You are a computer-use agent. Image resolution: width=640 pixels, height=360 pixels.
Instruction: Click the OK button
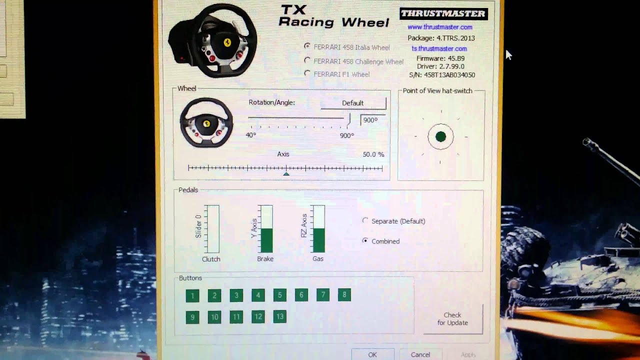pyautogui.click(x=372, y=354)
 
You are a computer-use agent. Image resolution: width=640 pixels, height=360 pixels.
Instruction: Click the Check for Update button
pyautogui.click(x=452, y=318)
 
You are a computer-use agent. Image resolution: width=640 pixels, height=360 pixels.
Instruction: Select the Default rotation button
pyautogui.click(x=353, y=103)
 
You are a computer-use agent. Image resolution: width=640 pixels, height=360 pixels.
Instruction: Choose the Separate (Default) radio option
pyautogui.click(x=365, y=220)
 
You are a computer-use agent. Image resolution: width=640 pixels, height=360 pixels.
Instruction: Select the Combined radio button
pyautogui.click(x=365, y=241)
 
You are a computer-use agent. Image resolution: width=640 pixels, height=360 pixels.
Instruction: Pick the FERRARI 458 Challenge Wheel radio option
pyautogui.click(x=307, y=60)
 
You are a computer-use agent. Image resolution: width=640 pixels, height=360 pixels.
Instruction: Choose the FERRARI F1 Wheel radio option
pyautogui.click(x=307, y=73)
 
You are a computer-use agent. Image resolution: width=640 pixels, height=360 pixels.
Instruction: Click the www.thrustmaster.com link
pyautogui.click(x=439, y=27)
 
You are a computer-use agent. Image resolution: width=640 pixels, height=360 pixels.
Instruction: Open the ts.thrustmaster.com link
pyautogui.click(x=439, y=48)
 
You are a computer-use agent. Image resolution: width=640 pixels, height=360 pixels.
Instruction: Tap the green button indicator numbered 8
pyautogui.click(x=344, y=295)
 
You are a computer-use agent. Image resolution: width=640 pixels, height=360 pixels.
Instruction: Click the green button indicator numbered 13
pyautogui.click(x=279, y=316)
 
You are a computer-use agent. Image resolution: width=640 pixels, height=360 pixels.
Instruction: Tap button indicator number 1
pyautogui.click(x=192, y=295)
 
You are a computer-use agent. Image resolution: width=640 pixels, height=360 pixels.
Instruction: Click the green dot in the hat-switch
pyautogui.click(x=440, y=136)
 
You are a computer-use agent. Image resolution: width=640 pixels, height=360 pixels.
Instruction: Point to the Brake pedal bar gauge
pyautogui.click(x=266, y=229)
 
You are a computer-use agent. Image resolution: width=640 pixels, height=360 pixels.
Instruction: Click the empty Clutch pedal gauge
pyautogui.click(x=212, y=229)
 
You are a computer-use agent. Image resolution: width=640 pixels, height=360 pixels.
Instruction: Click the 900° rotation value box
pyautogui.click(x=372, y=120)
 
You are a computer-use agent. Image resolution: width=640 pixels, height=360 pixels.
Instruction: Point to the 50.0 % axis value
pyautogui.click(x=373, y=154)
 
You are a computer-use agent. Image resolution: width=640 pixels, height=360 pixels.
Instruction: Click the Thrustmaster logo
pyautogui.click(x=443, y=13)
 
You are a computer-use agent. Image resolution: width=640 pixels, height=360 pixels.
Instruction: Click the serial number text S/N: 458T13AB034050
pyautogui.click(x=442, y=75)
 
